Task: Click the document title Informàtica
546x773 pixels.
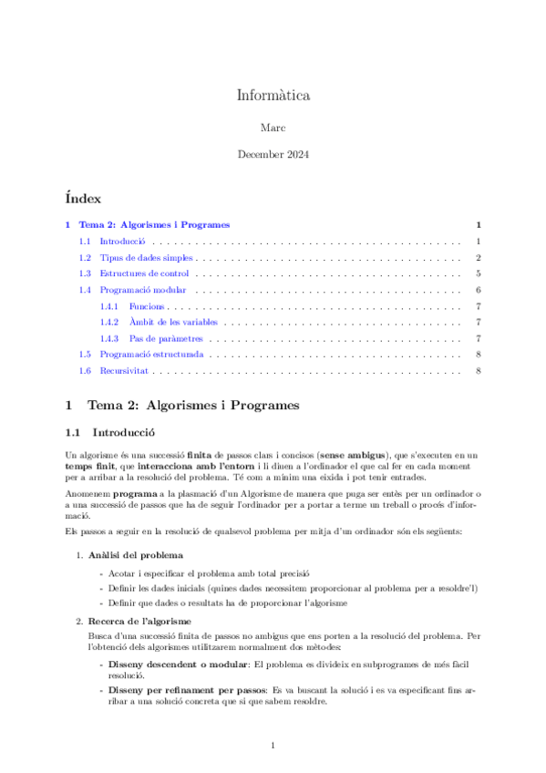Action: click(273, 94)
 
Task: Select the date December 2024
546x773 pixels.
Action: click(273, 155)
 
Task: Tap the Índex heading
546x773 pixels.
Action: click(83, 198)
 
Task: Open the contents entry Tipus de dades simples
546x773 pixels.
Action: click(146, 258)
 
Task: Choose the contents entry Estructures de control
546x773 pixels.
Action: click(144, 273)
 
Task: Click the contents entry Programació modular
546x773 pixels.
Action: click(143, 290)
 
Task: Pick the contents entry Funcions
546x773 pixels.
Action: click(147, 306)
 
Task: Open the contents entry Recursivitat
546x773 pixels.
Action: click(125, 371)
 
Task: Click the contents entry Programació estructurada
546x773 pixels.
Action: click(151, 354)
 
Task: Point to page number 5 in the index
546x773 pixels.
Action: click(478, 273)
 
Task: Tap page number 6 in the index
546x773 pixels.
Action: click(478, 290)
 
